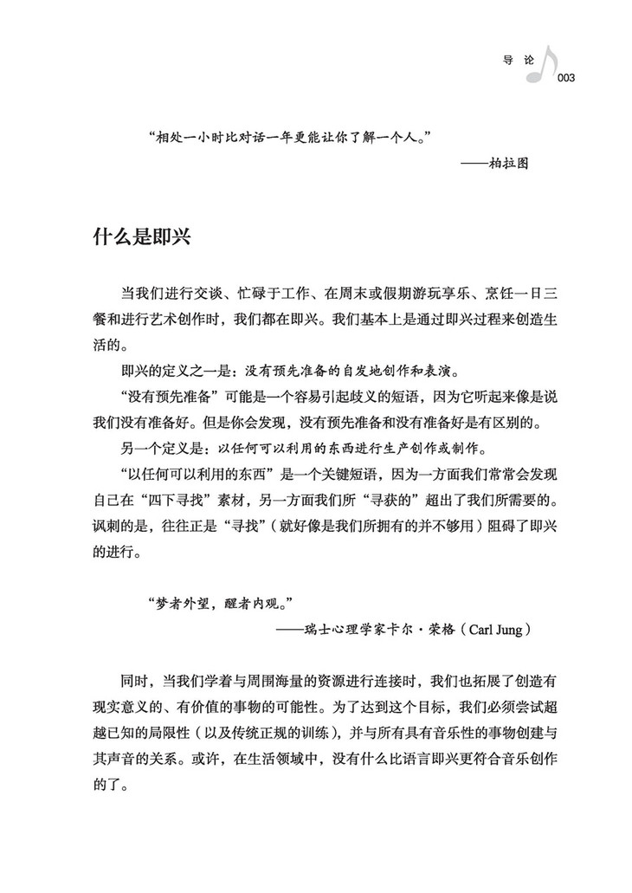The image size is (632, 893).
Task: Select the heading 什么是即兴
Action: point(141,239)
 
